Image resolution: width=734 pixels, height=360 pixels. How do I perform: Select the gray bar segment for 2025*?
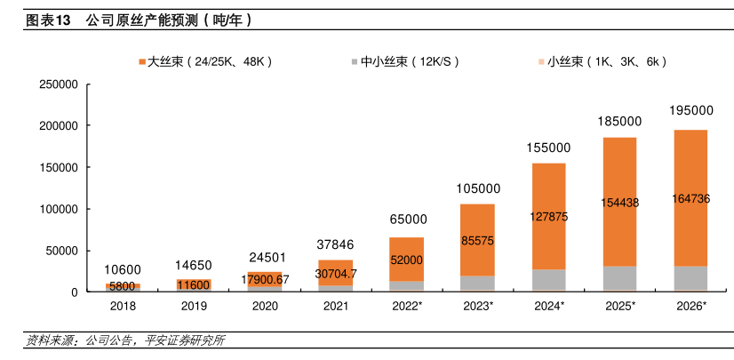pos(619,278)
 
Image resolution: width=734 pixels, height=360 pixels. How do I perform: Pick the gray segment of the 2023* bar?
pos(477,283)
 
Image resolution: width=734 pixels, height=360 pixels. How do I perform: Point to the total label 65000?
pos(408,219)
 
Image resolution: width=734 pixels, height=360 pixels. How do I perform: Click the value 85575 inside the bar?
pos(477,240)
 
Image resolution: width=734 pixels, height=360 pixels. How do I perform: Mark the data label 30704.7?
pos(336,274)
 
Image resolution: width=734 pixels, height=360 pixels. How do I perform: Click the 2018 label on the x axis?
pos(124,306)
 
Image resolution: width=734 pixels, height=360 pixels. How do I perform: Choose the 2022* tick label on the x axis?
pos(408,306)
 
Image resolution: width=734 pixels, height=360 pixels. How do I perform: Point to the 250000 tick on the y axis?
pos(60,84)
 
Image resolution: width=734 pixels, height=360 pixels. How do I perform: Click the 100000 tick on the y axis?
pos(60,209)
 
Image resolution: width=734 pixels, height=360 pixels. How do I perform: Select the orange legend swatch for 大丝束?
pos(142,62)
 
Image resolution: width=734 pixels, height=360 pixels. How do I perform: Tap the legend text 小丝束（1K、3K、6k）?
pos(607,62)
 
